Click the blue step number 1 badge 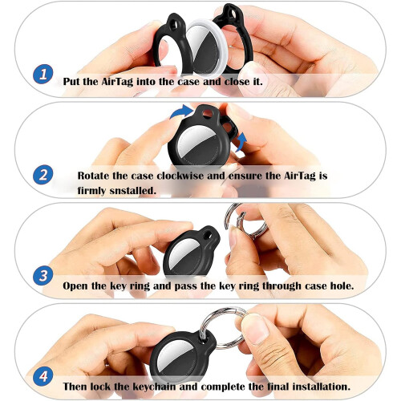point(43,74)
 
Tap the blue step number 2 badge point(43,175)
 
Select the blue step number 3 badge point(43,276)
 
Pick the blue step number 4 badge point(43,376)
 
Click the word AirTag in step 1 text point(117,82)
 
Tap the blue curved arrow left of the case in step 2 point(182,111)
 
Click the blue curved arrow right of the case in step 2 point(241,142)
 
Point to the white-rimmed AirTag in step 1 point(205,46)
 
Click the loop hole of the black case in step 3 point(207,235)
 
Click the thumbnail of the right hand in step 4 point(254,329)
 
